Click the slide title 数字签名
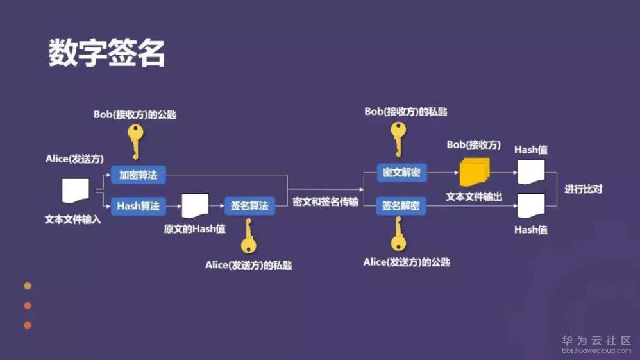107,53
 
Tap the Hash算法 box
138,206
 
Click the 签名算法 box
249,206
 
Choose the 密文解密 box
401,173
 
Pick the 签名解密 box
401,206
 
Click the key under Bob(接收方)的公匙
135,141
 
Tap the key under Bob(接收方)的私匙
398,139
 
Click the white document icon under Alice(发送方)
75,191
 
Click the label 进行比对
584,190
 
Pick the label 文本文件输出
475,196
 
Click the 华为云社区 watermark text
596,340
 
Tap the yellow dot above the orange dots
28,286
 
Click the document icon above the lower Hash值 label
530,205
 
